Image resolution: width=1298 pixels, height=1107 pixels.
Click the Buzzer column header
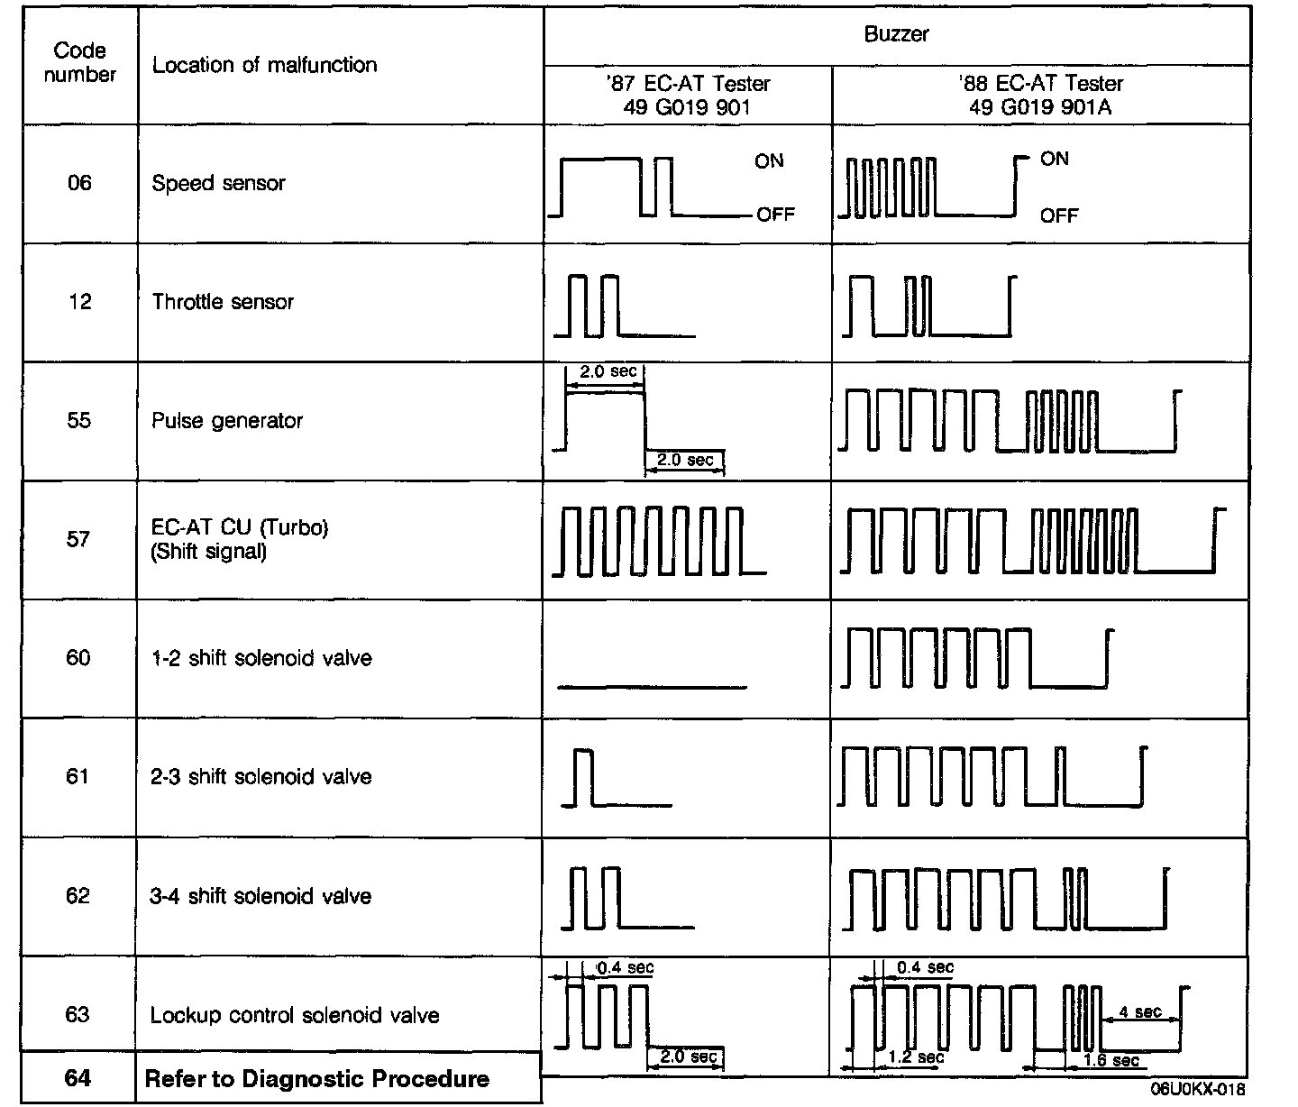(896, 35)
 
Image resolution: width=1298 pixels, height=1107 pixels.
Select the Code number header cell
(79, 63)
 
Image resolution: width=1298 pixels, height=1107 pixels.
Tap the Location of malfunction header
(264, 65)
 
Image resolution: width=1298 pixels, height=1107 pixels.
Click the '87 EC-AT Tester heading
(688, 84)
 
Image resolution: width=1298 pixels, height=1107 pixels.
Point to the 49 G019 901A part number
(1040, 107)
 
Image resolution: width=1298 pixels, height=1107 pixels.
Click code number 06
(79, 184)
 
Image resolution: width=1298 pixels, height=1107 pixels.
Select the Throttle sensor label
(223, 302)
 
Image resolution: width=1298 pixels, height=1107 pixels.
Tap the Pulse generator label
(227, 421)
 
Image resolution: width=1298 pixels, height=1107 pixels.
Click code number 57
(78, 539)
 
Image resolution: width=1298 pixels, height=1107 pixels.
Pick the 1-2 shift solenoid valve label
(261, 658)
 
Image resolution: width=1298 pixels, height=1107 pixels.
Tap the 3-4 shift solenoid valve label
(261, 896)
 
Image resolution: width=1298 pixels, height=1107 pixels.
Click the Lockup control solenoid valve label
(295, 1015)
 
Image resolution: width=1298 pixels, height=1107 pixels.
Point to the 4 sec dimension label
(1139, 1012)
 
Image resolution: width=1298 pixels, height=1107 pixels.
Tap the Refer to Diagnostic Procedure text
(317, 1079)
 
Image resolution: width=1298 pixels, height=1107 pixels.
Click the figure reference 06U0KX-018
(1198, 1090)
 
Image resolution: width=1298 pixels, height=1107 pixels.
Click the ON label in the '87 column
(769, 161)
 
